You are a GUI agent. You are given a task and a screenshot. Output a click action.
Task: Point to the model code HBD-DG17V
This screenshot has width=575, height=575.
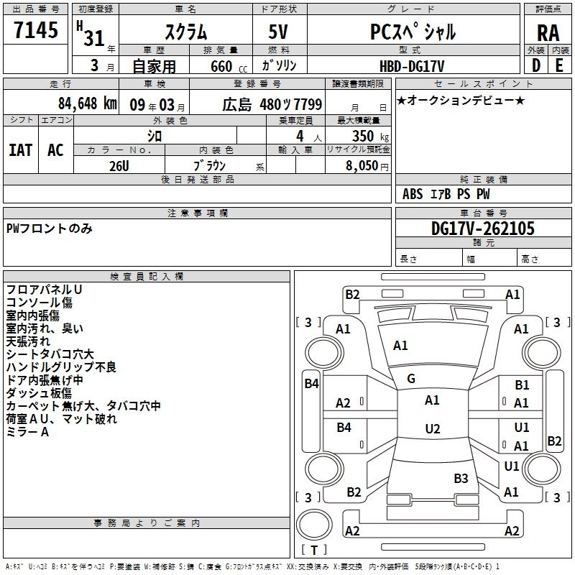tap(412, 65)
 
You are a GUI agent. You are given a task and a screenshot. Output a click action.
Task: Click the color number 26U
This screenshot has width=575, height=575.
tap(119, 165)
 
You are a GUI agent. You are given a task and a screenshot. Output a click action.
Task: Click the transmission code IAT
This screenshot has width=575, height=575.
tap(20, 150)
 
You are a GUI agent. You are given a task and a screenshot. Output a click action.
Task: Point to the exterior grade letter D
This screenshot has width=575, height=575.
tap(535, 65)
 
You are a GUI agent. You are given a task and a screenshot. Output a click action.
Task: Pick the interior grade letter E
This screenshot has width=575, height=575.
tap(559, 65)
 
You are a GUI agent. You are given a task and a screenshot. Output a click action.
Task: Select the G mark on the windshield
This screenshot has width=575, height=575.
tap(411, 379)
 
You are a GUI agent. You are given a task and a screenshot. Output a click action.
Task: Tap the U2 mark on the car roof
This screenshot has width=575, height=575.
tap(432, 428)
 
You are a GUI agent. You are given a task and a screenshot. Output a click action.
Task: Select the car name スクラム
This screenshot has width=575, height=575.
tap(185, 32)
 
